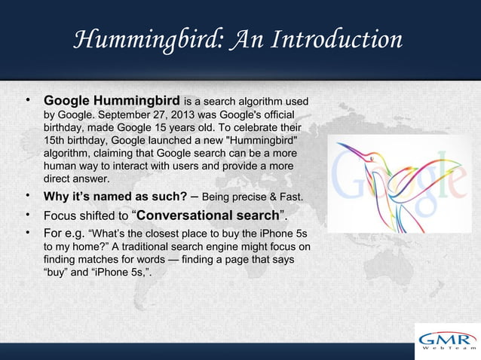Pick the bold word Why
(x=57, y=198)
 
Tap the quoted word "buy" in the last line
(x=57, y=273)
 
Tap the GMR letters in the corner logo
(x=447, y=337)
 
